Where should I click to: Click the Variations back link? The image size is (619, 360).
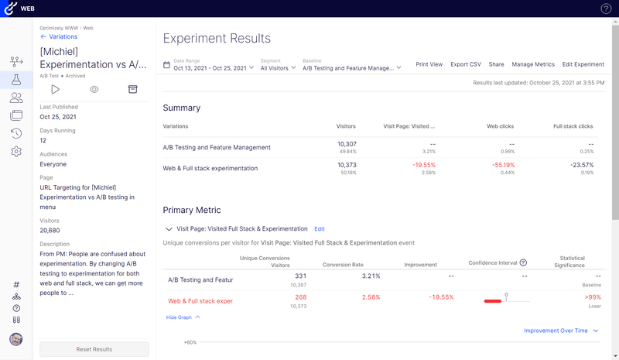[x=59, y=36]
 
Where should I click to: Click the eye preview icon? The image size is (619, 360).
[x=94, y=90]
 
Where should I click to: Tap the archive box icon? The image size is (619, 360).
[x=132, y=90]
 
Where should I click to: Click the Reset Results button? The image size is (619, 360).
[x=94, y=349]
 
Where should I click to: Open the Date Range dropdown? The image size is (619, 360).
[x=214, y=67]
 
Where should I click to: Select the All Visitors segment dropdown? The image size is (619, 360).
[x=278, y=67]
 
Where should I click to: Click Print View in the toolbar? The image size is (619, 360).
[x=429, y=64]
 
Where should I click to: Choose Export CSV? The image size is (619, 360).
[x=466, y=64]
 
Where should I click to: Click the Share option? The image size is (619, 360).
[x=496, y=64]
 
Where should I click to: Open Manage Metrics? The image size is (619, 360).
[x=533, y=64]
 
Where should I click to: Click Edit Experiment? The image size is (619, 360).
[x=583, y=64]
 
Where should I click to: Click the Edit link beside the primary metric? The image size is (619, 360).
[x=320, y=229]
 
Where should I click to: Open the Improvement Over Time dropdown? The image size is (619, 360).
[x=561, y=331]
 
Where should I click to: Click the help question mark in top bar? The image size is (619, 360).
[x=606, y=9]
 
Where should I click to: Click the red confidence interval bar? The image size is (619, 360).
[x=492, y=301]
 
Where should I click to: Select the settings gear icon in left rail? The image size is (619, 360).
[x=16, y=152]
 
